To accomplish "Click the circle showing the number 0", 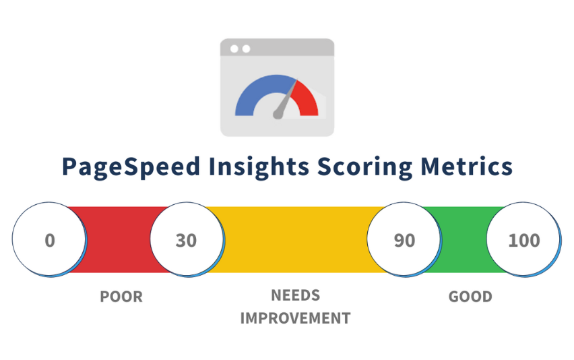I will point(49,240).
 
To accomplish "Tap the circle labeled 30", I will point(186,240).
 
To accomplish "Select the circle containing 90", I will point(404,240).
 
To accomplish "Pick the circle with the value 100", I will point(523,240).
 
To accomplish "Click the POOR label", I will point(121,297).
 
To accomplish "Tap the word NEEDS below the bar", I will point(295,295).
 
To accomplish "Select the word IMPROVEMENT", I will point(295,318).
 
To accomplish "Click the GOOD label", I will point(470,297).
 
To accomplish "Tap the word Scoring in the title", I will point(368,167).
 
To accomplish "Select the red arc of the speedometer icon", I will point(308,98).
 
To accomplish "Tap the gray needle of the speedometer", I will point(286,101).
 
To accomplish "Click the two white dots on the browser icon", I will point(240,49).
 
